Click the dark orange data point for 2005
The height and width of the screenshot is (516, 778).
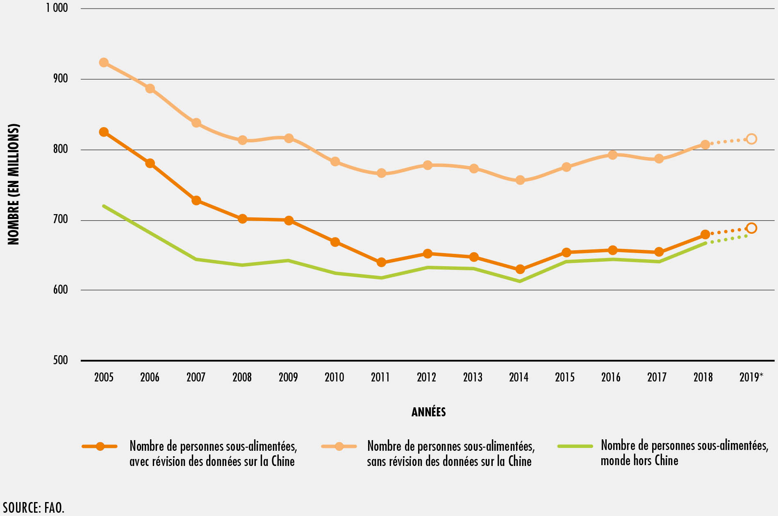click(x=104, y=132)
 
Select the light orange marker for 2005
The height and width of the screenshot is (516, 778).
click(x=104, y=62)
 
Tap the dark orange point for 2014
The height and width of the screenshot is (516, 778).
click(x=520, y=269)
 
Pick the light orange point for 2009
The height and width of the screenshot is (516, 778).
click(x=289, y=138)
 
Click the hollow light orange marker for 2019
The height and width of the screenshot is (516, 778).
click(x=751, y=139)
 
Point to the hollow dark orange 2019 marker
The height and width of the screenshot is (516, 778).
click(x=751, y=228)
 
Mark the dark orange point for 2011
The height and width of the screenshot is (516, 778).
click(x=381, y=262)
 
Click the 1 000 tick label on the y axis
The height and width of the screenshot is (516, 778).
click(x=57, y=8)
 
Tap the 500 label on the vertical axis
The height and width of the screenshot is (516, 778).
click(x=60, y=360)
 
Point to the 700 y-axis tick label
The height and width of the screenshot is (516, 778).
click(x=60, y=219)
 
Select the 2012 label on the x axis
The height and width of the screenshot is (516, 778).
click(x=427, y=377)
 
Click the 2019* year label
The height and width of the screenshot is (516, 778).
click(x=751, y=377)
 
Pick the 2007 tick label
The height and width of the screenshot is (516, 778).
click(x=196, y=377)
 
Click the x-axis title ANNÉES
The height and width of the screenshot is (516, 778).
click(x=428, y=412)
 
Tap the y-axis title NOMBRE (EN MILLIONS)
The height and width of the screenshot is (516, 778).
click(x=14, y=184)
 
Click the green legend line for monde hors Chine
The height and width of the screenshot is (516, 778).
click(x=575, y=446)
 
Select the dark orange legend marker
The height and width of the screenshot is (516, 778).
click(x=100, y=446)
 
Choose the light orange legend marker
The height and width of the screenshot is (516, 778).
click(x=339, y=446)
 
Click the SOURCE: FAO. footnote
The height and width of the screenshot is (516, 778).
click(x=34, y=507)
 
